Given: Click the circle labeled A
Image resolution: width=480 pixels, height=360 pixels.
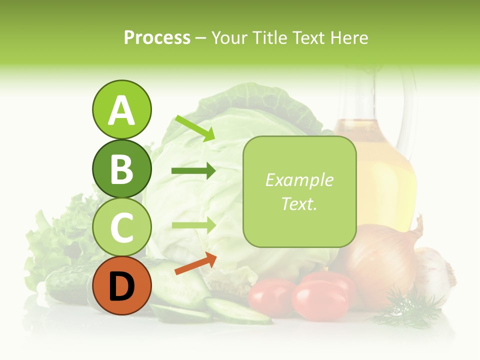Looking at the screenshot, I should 121,109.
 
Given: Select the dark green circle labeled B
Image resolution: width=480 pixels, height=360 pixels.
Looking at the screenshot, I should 121,168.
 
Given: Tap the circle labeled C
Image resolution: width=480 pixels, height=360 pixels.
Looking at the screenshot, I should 121,227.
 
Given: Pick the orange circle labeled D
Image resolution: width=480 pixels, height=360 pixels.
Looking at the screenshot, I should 121,285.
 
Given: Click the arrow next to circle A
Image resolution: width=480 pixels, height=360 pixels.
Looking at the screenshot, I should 195,128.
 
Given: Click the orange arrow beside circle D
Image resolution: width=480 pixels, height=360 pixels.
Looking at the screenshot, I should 195,264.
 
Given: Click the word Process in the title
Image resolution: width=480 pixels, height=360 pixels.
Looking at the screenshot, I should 157,37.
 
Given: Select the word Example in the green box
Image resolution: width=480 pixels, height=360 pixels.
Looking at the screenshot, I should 299,180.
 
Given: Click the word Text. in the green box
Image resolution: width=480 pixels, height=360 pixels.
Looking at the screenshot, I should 299,203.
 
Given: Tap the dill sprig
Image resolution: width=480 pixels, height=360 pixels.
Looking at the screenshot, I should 405,307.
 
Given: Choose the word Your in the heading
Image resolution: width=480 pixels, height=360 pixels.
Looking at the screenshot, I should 228,37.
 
